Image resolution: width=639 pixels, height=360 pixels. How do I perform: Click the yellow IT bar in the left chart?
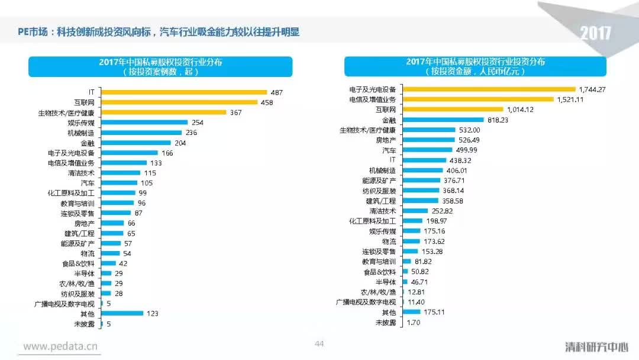[183, 92]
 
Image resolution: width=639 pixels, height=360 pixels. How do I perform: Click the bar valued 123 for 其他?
[122, 313]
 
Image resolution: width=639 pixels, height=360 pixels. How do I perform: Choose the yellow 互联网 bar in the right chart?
[453, 110]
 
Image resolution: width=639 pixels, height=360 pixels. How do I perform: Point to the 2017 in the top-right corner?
[595, 33]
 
